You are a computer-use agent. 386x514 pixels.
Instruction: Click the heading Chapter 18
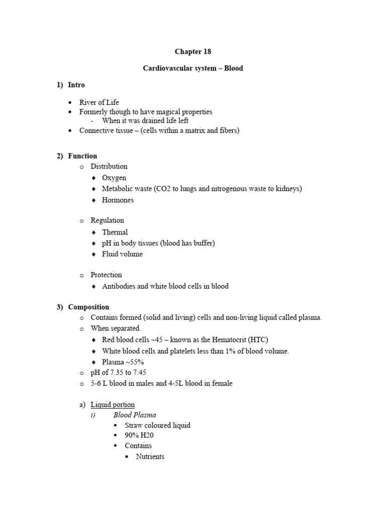coord(193,52)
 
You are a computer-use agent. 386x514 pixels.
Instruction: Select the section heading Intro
coord(76,85)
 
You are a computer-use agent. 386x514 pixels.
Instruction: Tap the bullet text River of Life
coord(99,102)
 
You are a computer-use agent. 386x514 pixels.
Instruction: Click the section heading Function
coord(82,156)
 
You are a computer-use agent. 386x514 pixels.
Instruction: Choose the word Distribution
coord(109,166)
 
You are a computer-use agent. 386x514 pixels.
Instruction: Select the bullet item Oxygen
coord(114,178)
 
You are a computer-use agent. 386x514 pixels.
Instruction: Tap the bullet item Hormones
coord(118,200)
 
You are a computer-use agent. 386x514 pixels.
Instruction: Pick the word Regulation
coord(107,220)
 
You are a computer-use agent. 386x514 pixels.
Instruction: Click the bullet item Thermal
coord(115,232)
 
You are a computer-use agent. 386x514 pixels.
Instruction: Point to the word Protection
coord(106,275)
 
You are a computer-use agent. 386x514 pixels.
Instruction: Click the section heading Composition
coord(88,307)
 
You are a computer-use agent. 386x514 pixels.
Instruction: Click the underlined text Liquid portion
coord(113,405)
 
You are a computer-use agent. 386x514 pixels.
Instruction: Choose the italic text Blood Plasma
coord(135,415)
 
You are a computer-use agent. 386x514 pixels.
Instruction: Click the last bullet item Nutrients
coord(150,457)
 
